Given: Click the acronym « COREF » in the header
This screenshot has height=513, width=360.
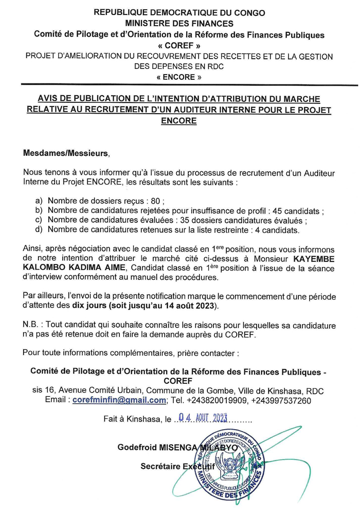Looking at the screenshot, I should [x=179, y=45].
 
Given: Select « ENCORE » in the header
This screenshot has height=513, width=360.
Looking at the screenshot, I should [x=179, y=77].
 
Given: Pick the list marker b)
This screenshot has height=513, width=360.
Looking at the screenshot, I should [x=39, y=211].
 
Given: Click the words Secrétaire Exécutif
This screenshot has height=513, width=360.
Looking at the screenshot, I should [x=174, y=466].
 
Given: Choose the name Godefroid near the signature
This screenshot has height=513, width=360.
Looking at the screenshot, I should [x=138, y=448].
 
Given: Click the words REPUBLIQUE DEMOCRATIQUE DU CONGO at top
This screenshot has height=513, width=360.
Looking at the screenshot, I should [x=179, y=12].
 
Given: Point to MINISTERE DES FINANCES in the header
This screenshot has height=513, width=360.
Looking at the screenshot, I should [x=179, y=23].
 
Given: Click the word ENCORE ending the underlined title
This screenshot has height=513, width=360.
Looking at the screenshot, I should [x=179, y=121].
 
